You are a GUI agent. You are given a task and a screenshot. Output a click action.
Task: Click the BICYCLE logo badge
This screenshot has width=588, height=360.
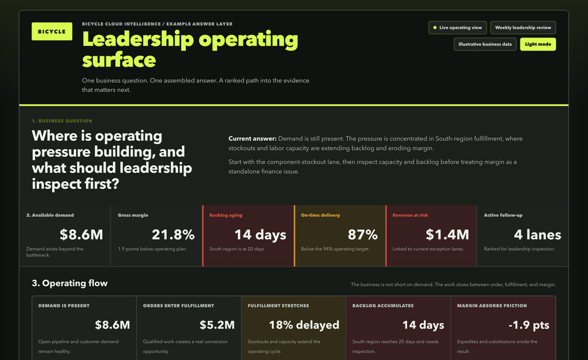[52, 31]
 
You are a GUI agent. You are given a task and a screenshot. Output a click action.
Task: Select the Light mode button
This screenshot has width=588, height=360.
[538, 44]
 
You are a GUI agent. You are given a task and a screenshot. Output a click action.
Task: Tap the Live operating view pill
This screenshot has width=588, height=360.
[457, 28]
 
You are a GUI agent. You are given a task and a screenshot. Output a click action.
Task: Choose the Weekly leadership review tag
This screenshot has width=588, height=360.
[523, 28]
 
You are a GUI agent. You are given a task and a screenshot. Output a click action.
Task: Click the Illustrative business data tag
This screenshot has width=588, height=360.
[485, 44]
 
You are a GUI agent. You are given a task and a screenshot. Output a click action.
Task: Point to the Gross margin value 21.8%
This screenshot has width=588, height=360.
[173, 235]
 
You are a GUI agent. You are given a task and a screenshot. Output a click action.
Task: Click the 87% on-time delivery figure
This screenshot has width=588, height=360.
[363, 235]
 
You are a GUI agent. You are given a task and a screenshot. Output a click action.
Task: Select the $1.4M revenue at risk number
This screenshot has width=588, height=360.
[447, 235]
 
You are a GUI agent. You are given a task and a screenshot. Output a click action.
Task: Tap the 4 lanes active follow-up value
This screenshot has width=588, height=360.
[538, 235]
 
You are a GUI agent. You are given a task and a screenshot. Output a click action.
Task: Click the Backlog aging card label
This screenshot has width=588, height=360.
[226, 215]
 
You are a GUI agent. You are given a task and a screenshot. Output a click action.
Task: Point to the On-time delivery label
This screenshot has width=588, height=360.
[320, 215]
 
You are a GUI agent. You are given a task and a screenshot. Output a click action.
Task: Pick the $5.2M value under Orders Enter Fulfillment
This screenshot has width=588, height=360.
[217, 325]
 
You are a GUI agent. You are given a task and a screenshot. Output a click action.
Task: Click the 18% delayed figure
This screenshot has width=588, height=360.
[304, 325]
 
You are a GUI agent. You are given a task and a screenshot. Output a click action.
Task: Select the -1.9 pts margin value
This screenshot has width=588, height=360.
[529, 325]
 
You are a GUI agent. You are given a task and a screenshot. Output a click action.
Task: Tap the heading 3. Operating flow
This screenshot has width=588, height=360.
[69, 283]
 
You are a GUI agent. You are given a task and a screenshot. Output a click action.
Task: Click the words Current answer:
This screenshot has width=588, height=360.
[252, 139]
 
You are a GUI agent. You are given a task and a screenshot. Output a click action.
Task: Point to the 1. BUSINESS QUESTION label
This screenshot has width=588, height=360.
[62, 121]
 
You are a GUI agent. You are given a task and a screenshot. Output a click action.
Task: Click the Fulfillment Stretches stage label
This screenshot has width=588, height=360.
[278, 305]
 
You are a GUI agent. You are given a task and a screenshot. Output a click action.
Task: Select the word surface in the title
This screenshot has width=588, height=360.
[119, 60]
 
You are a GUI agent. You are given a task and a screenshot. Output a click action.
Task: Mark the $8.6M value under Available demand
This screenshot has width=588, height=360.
[81, 235]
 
